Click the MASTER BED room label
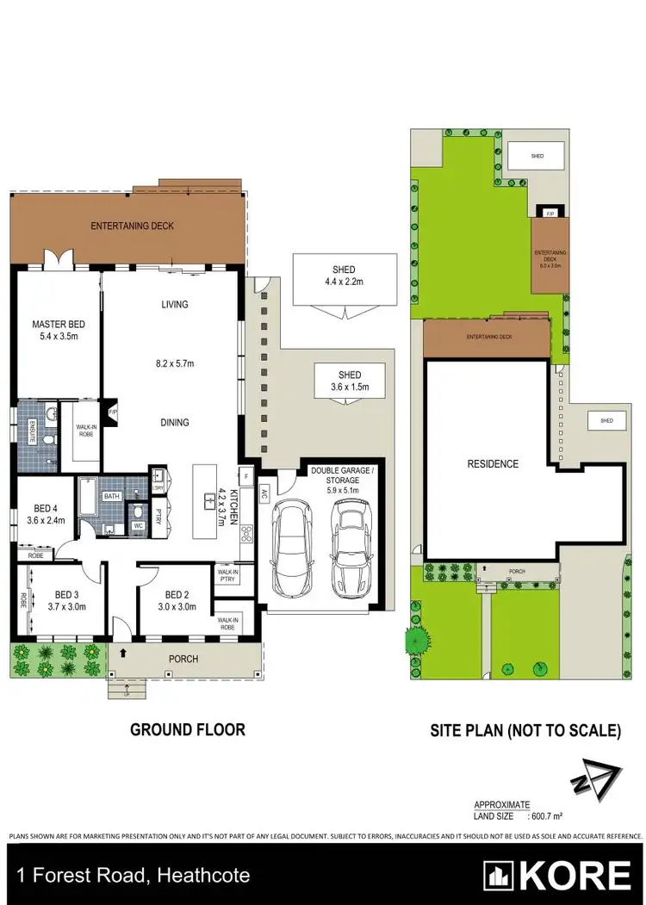pyautogui.click(x=55, y=324)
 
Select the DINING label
pyautogui.click(x=174, y=422)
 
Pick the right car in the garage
pyautogui.click(x=349, y=544)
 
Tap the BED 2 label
pyautogui.click(x=176, y=594)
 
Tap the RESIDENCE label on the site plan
pyautogui.click(x=493, y=464)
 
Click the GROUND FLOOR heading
pyautogui.click(x=187, y=729)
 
